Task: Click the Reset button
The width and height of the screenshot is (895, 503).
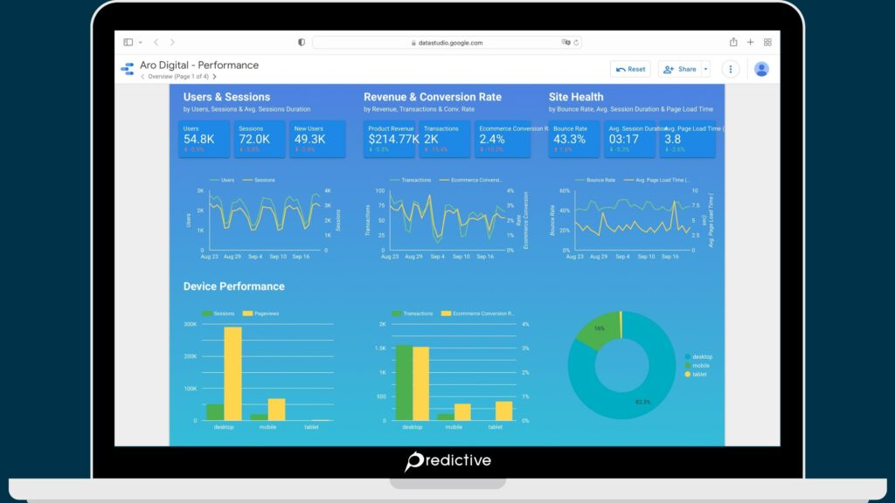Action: click(x=631, y=69)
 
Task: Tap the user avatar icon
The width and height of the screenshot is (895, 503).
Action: click(x=761, y=69)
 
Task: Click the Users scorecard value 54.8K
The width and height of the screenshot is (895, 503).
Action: click(x=199, y=139)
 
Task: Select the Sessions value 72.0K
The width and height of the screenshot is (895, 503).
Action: click(x=254, y=139)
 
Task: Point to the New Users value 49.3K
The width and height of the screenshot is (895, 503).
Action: click(x=309, y=139)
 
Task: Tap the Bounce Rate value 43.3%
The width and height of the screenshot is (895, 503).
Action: click(x=569, y=139)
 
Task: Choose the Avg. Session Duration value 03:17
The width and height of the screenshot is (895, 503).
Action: click(x=623, y=139)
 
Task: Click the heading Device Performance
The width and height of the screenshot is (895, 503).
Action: click(x=233, y=286)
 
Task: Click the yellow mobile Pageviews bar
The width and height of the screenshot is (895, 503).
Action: click(x=276, y=410)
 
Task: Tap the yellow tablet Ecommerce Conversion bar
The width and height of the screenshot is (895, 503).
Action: click(x=503, y=411)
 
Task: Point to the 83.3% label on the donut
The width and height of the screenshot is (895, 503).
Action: click(x=642, y=403)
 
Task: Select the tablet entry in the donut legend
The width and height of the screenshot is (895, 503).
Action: click(x=701, y=374)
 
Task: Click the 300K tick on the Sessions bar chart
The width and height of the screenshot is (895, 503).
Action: click(x=190, y=324)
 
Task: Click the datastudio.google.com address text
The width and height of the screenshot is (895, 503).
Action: click(x=450, y=42)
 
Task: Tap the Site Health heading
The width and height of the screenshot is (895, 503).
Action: click(x=576, y=97)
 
